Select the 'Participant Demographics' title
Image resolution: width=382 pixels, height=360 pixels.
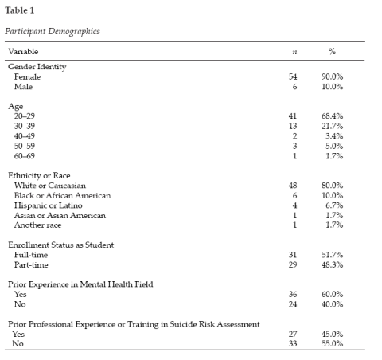click(50, 33)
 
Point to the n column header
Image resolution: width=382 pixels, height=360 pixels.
click(294, 52)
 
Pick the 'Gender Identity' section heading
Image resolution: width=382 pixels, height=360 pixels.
click(37, 67)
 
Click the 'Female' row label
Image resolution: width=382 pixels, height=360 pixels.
click(28, 77)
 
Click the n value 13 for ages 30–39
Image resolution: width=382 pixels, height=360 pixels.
click(292, 127)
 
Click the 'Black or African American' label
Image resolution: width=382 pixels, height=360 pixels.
click(62, 195)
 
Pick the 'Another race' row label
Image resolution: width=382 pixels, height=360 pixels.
click(37, 225)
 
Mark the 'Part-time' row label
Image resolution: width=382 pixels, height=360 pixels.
click(32, 264)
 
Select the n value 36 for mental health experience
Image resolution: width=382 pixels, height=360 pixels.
click(292, 293)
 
